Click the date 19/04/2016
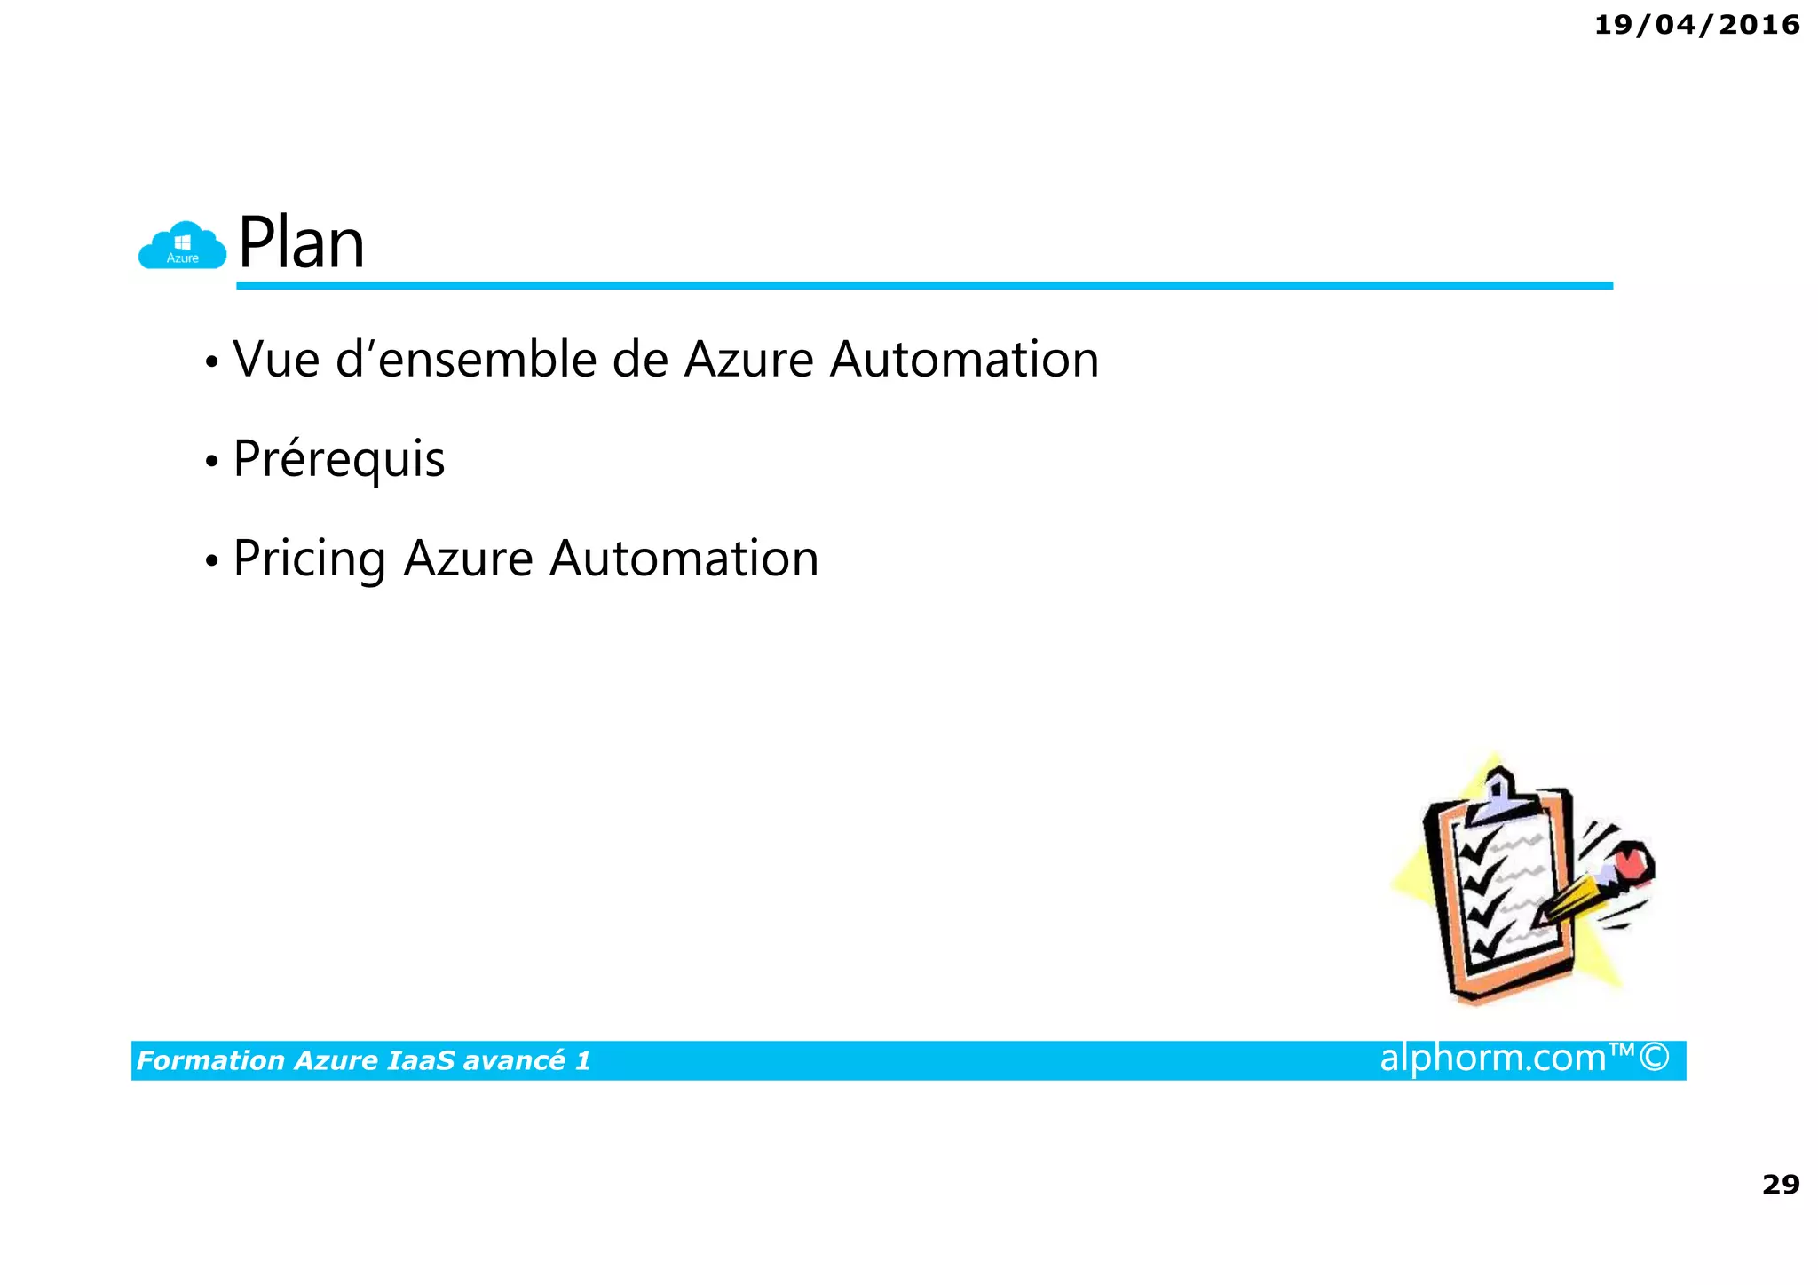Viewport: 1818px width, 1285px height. point(1696,25)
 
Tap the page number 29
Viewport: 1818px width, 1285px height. point(1780,1184)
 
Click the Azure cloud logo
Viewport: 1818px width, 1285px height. point(182,246)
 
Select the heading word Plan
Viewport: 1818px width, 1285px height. point(301,242)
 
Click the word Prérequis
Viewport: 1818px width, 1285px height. point(338,459)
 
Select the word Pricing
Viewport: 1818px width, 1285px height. point(308,559)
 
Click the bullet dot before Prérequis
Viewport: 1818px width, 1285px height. point(210,462)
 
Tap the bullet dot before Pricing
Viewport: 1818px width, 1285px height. point(210,561)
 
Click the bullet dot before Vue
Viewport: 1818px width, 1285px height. point(210,362)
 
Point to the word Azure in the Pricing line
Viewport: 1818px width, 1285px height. point(468,559)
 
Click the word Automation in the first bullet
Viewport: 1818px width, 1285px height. point(964,360)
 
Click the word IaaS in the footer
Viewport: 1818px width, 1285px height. point(422,1060)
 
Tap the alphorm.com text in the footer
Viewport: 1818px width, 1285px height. point(1492,1058)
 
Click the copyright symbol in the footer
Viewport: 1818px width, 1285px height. point(1654,1058)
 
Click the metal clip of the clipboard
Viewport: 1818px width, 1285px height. point(1499,795)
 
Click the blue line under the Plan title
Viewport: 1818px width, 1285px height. point(923,285)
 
